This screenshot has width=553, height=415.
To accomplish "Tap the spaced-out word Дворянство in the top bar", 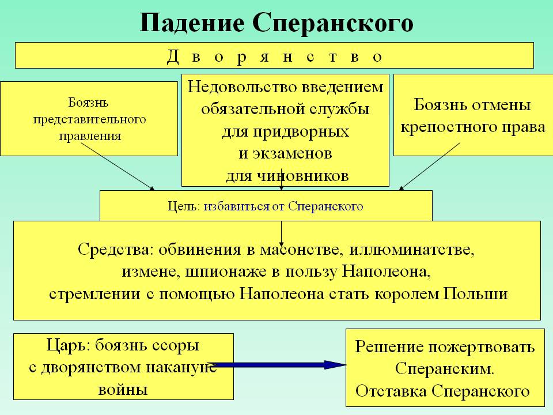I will click(x=274, y=56).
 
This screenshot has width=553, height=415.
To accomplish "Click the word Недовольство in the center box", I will click(x=233, y=88).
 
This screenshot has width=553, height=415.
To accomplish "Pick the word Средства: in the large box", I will click(x=116, y=252).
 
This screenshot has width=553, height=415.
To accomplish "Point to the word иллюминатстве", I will click(x=426, y=252).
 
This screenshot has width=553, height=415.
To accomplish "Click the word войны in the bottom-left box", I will click(x=124, y=388).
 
